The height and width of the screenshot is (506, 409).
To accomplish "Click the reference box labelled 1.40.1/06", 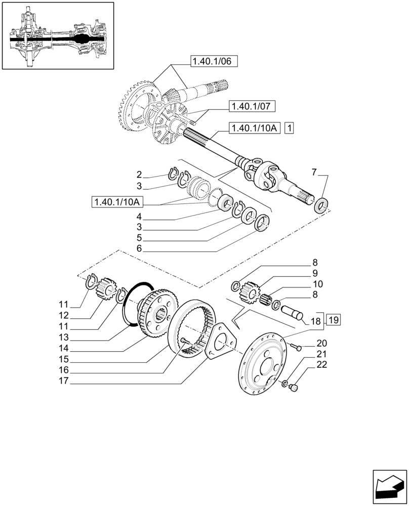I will pos(214,62).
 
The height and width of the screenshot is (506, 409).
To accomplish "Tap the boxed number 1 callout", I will pos(289,129).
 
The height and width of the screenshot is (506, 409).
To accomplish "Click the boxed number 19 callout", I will pos(333,320).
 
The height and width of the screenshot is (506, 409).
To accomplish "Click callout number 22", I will pos(321,365).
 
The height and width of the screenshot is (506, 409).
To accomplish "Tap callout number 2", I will pos(139,176).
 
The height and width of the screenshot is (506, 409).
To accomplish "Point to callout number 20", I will pos(321,343).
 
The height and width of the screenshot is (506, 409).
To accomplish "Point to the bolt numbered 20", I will pos(296,347).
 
